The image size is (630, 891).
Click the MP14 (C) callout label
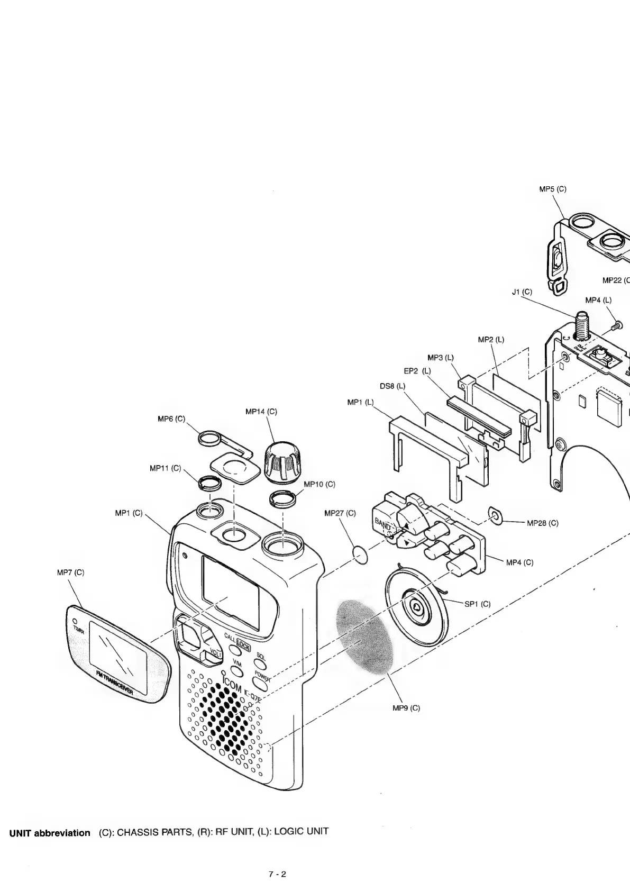(x=261, y=411)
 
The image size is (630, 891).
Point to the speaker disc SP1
(x=416, y=607)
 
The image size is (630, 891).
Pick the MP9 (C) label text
(x=407, y=708)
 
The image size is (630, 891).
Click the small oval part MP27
(x=360, y=556)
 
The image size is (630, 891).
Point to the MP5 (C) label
(x=552, y=189)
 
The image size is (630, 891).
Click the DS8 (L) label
(x=392, y=386)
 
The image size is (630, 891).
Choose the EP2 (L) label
(x=417, y=371)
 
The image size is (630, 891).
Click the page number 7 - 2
(x=277, y=874)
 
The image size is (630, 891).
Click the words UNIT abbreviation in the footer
(x=50, y=833)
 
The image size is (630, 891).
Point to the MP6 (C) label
(x=172, y=419)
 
